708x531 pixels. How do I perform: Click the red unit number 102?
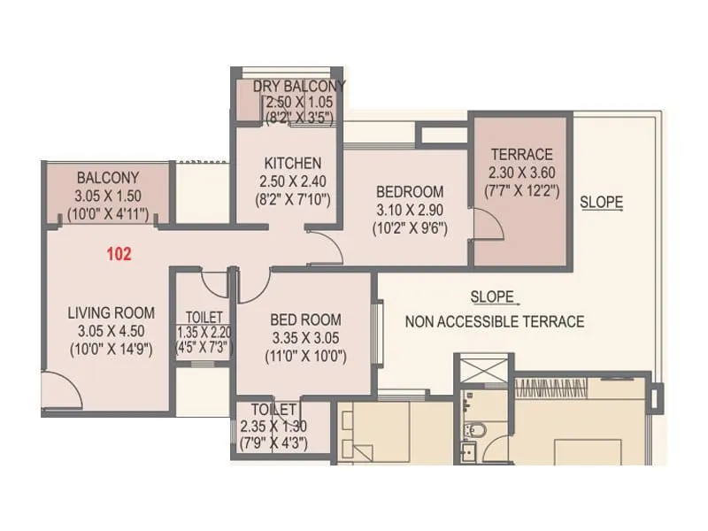tap(119, 255)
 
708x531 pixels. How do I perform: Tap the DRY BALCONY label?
tap(299, 86)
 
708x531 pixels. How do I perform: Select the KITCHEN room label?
tap(293, 164)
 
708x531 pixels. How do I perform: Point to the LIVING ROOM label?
tap(111, 312)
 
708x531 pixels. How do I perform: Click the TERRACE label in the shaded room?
tap(522, 154)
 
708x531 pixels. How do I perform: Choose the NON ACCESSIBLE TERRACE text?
tap(495, 322)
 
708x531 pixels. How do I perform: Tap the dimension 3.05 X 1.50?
tap(109, 196)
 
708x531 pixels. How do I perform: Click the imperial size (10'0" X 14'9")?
tap(112, 349)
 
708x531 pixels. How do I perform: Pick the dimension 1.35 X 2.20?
tap(204, 333)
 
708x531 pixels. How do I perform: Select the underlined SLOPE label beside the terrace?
tap(602, 203)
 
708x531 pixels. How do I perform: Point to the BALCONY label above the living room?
tap(107, 177)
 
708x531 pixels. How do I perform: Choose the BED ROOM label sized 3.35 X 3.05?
tap(305, 319)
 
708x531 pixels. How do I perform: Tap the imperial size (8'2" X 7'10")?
tap(292, 200)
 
